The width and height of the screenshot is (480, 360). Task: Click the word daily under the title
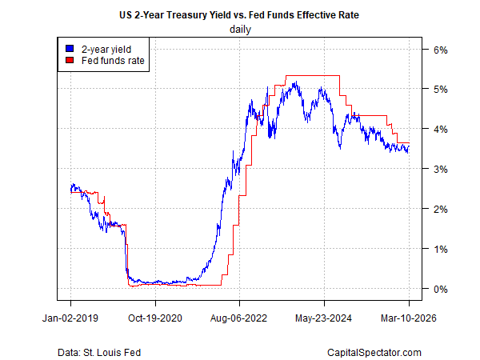click(240, 30)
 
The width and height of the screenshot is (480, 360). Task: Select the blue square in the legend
click(70, 49)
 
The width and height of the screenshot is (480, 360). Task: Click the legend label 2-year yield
click(102, 49)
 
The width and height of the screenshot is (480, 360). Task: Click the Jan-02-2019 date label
click(70, 318)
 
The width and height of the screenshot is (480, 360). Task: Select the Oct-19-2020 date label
click(155, 318)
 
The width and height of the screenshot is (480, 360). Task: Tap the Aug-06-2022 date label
click(240, 318)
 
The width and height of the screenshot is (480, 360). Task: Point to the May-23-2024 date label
click(324, 318)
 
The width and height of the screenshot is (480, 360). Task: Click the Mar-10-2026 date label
click(408, 318)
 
